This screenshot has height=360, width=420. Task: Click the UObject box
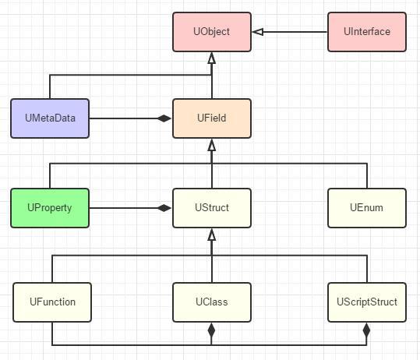pos(211,32)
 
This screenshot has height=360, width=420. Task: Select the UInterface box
pos(366,32)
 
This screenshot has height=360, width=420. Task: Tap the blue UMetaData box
pos(50,118)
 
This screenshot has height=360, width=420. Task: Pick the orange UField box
pos(211,118)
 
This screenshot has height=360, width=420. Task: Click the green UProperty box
pos(50,208)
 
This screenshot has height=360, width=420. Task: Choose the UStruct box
pos(211,208)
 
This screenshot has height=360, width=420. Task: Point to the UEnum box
pos(366,208)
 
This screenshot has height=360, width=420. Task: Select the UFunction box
pos(52,302)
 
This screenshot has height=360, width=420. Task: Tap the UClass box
pos(211,302)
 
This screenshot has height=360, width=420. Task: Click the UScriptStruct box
pos(366,302)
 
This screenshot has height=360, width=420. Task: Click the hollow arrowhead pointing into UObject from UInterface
pos(258,32)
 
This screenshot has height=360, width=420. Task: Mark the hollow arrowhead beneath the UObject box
pos(211,58)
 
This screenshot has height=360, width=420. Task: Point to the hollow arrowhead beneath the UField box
pos(211,145)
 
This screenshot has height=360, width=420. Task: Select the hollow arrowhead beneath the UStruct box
pos(211,235)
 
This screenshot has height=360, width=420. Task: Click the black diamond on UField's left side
pos(164,118)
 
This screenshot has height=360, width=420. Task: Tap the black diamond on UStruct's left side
pos(164,208)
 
